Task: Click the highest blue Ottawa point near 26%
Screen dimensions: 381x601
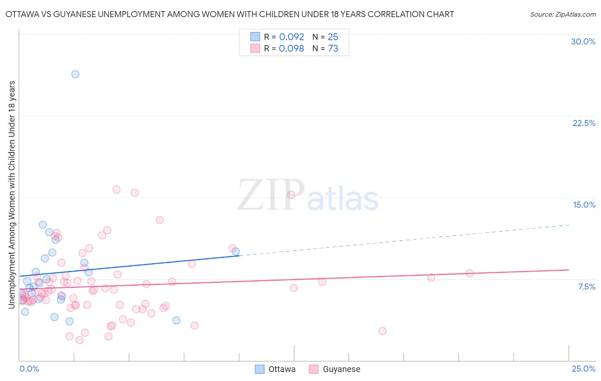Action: click(x=75, y=74)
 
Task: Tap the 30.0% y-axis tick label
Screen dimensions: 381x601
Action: click(x=583, y=41)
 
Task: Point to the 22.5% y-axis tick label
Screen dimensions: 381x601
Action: click(x=584, y=123)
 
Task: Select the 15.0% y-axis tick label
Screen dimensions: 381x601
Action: click(x=584, y=205)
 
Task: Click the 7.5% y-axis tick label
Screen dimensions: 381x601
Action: click(x=586, y=287)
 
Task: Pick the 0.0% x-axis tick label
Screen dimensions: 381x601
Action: click(x=29, y=369)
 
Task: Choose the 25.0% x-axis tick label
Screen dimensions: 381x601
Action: click(x=583, y=369)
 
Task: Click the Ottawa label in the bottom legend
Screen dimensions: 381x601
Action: click(x=282, y=369)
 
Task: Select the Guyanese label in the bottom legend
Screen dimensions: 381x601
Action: click(x=341, y=369)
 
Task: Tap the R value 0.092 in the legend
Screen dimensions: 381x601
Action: click(x=292, y=37)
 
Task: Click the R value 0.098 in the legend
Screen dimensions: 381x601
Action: click(x=292, y=49)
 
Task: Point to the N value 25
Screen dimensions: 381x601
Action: click(x=333, y=37)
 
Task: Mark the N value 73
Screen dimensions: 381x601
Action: click(x=333, y=49)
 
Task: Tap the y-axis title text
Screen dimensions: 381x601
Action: click(x=12, y=194)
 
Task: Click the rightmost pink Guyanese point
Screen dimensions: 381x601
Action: click(x=469, y=273)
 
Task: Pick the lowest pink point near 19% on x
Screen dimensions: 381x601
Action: click(x=383, y=331)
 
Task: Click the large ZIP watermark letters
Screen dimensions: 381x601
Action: click(x=271, y=196)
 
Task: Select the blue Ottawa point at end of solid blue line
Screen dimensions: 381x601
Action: click(x=236, y=252)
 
